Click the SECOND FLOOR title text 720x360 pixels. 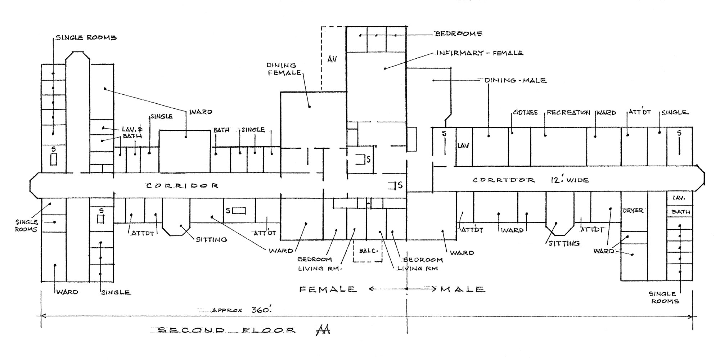227,330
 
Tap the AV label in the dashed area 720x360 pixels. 332,59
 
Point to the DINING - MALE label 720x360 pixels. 516,80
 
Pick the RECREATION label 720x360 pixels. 568,113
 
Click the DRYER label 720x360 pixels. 633,211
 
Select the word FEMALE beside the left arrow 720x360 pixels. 328,289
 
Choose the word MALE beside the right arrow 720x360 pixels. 463,289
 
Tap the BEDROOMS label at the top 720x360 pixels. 458,34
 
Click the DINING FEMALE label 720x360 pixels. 284,69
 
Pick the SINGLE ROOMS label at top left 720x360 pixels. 86,37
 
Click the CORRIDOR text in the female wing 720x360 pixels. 182,186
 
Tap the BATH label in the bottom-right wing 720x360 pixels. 681,212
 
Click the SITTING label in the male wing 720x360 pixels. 564,243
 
